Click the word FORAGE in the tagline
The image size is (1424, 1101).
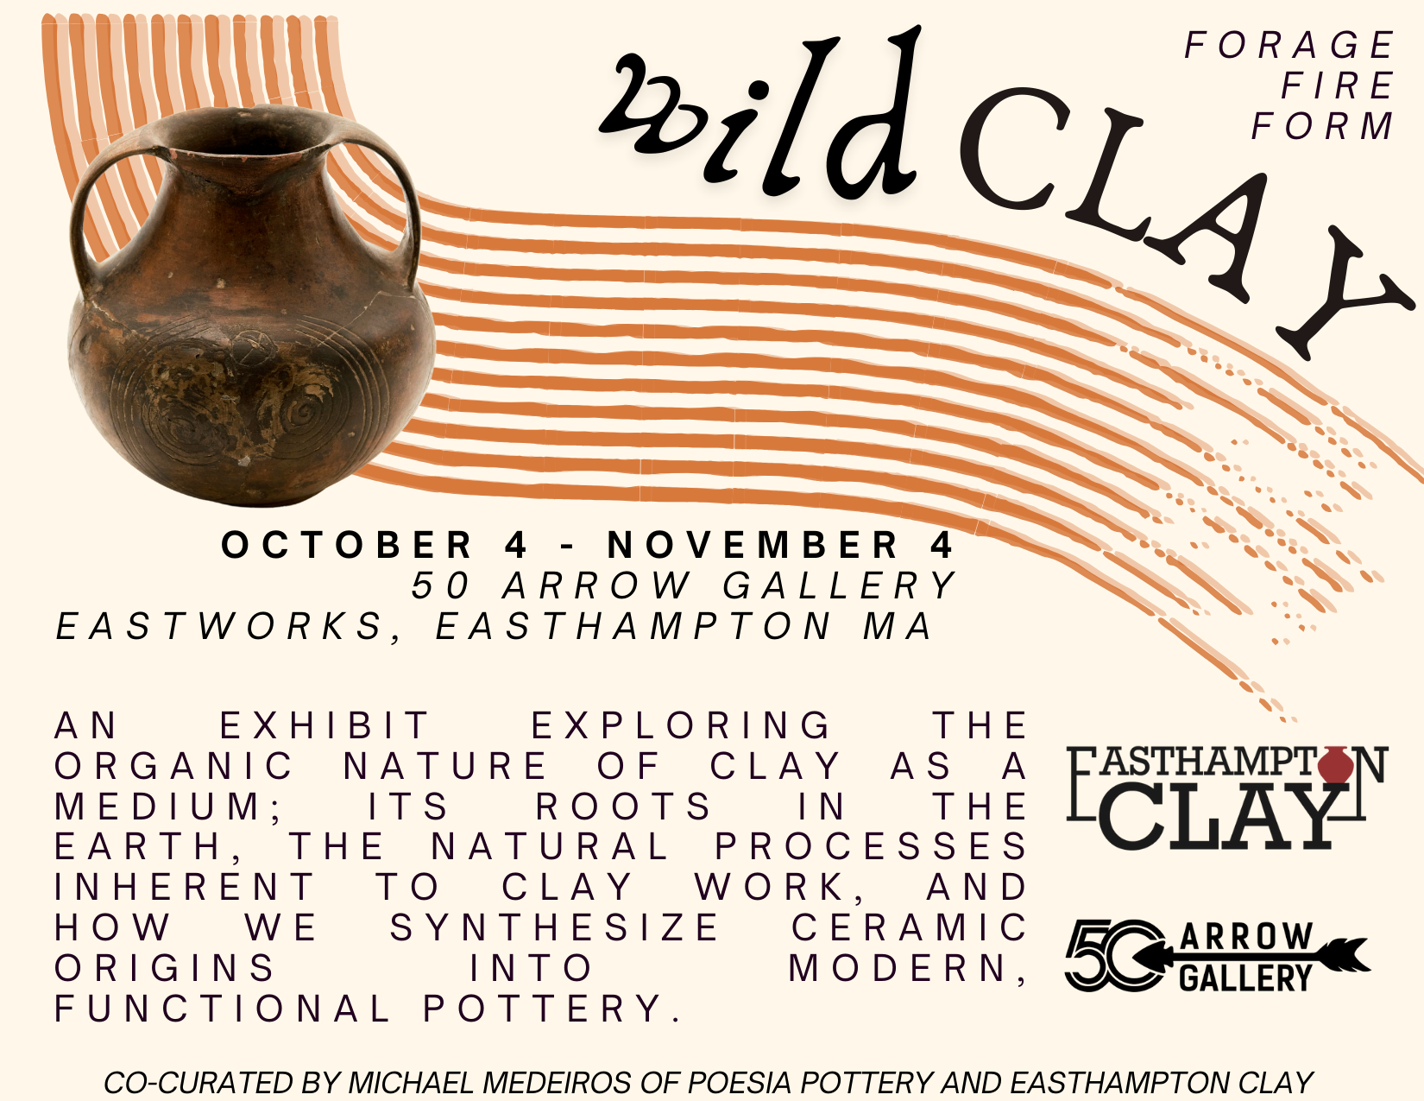click(x=1289, y=45)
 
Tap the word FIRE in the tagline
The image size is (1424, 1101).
click(x=1337, y=85)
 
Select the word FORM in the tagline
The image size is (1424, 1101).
click(x=1322, y=126)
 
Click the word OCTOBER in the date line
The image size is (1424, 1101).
click(x=346, y=545)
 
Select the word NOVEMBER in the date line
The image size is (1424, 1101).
click(x=753, y=545)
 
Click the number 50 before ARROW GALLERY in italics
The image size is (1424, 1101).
click(x=440, y=585)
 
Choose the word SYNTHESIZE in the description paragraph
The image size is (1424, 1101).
click(x=554, y=927)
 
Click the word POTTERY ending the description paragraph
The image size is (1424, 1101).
click(x=551, y=1009)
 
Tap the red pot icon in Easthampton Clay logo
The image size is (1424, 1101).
click(x=1335, y=764)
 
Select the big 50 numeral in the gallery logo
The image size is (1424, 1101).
click(x=1112, y=955)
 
